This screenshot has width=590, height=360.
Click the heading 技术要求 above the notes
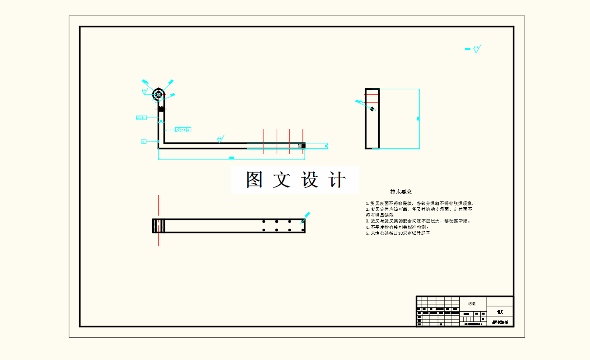click(401, 192)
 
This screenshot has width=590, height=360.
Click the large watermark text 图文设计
click(295, 180)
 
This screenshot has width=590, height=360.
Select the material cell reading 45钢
click(471, 303)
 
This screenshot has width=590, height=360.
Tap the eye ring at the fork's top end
click(159, 94)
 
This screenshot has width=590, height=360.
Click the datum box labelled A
click(144, 141)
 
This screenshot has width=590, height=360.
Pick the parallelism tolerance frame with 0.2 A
click(183, 130)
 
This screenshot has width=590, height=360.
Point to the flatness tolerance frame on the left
click(142, 118)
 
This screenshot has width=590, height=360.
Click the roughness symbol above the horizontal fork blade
click(220, 139)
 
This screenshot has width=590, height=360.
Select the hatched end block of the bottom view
click(159, 225)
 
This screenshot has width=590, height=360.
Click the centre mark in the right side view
click(372, 109)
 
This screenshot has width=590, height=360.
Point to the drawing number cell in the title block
click(500, 322)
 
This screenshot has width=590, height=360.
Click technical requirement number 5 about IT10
click(398, 233)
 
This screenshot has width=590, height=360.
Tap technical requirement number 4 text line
click(397, 227)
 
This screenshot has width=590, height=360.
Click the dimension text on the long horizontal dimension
click(231, 158)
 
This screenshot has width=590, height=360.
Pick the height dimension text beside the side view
click(418, 119)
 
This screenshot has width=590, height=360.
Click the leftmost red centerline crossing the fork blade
click(264, 141)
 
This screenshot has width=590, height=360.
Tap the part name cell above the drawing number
click(500, 312)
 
